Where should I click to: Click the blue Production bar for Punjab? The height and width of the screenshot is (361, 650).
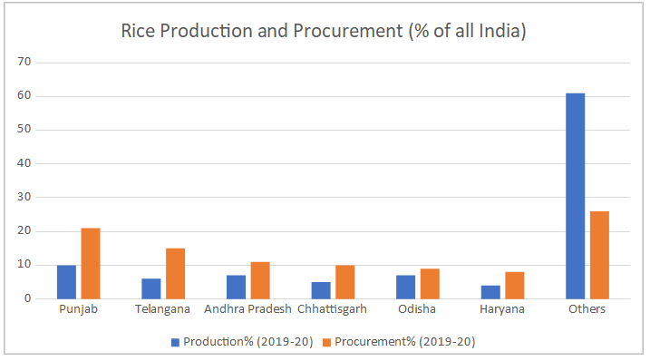tap(66, 281)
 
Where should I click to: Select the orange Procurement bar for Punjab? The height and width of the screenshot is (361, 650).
tap(90, 263)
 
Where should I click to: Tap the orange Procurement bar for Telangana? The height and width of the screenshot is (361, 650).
tap(175, 273)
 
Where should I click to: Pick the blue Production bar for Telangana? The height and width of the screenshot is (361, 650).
tap(150, 288)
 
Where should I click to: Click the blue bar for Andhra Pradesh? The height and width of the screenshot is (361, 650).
tap(236, 287)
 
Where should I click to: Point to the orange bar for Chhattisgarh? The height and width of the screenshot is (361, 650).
tap(344, 281)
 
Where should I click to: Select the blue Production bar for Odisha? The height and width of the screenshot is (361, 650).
tap(405, 287)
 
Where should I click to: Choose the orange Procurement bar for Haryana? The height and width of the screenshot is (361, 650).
tap(514, 285)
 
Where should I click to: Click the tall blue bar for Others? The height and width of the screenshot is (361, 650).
tap(575, 196)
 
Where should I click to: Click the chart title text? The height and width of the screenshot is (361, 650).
tap(325, 31)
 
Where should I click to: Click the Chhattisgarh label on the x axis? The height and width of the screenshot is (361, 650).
tap(333, 309)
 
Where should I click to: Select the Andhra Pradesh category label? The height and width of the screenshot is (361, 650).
tap(247, 309)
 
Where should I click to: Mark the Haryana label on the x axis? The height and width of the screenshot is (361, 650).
tap(502, 309)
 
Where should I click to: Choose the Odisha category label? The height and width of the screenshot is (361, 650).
tap(417, 309)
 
